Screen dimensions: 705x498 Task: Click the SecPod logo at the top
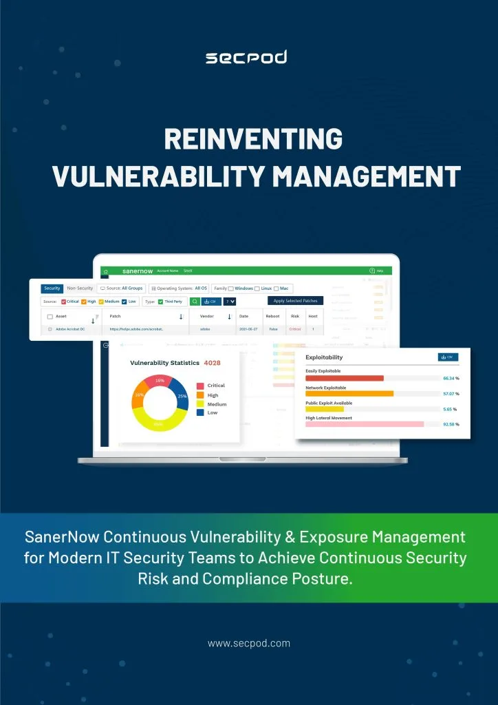tap(246, 57)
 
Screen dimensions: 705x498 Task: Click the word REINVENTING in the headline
tap(253, 140)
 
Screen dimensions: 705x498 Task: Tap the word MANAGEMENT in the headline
tap(366, 176)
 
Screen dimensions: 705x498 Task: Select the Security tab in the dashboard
tap(52, 288)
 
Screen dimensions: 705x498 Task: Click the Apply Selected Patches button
tap(295, 301)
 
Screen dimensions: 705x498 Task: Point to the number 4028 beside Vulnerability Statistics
tap(212, 363)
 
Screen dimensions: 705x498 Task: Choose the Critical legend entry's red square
tap(200, 386)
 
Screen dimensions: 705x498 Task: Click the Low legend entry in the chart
tap(212, 412)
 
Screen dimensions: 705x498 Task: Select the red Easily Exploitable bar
tap(344, 378)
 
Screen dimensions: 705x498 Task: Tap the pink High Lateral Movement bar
tap(364, 424)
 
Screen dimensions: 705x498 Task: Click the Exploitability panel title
tap(324, 357)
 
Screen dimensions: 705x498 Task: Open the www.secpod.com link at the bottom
tap(249, 644)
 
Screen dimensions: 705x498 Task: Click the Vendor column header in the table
tap(207, 316)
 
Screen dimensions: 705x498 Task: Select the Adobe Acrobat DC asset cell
tap(70, 330)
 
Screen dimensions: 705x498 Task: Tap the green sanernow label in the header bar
tap(138, 271)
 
